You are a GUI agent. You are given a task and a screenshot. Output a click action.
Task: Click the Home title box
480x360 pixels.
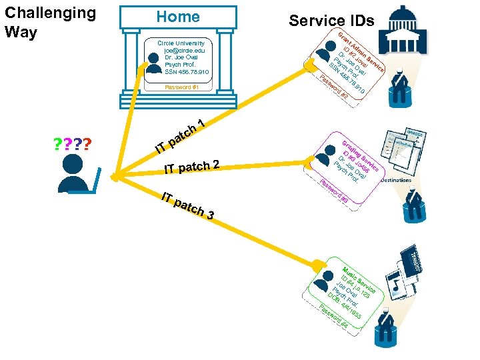[x=178, y=17]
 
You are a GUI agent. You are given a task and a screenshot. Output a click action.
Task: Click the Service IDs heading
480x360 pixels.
[x=331, y=21]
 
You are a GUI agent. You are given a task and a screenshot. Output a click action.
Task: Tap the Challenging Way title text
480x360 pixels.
[x=50, y=22]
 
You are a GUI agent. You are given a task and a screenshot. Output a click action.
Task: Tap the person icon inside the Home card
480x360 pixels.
[x=155, y=58]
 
